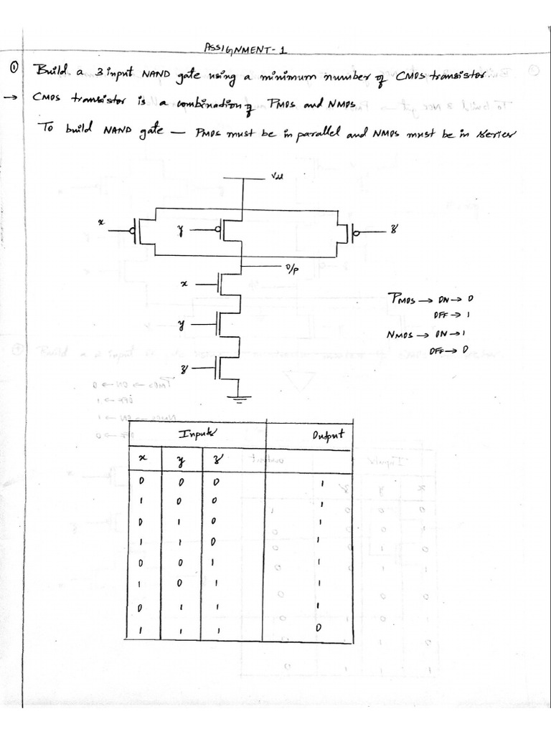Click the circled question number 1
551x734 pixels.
(13, 70)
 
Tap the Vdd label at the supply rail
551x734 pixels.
(277, 180)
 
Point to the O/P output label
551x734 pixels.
(291, 270)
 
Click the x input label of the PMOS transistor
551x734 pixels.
(101, 224)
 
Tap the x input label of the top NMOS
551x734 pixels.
(184, 285)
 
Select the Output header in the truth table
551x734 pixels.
(329, 434)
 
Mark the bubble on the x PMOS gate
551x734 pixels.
(133, 231)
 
